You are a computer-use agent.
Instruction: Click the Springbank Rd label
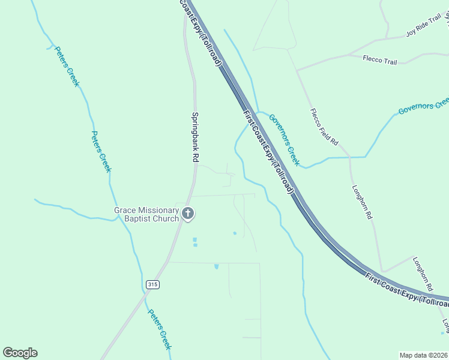(x=195, y=137)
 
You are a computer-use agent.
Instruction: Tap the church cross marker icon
(x=188, y=214)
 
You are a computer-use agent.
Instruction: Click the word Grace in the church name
(x=126, y=211)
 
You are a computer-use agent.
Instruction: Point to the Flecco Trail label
(x=380, y=59)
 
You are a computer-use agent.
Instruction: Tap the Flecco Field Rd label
(x=324, y=127)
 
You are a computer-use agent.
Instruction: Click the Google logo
(x=20, y=353)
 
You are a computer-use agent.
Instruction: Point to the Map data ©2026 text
(x=424, y=355)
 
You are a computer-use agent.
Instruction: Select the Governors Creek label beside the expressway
(x=283, y=140)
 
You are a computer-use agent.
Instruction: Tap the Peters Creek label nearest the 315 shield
(x=160, y=329)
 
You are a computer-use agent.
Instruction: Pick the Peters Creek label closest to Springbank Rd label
(x=101, y=151)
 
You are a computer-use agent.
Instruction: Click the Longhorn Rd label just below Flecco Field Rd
(x=363, y=200)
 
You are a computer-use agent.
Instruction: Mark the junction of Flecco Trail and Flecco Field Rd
(x=297, y=70)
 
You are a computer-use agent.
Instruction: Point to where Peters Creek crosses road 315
(x=143, y=290)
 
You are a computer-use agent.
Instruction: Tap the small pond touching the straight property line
(x=216, y=265)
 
